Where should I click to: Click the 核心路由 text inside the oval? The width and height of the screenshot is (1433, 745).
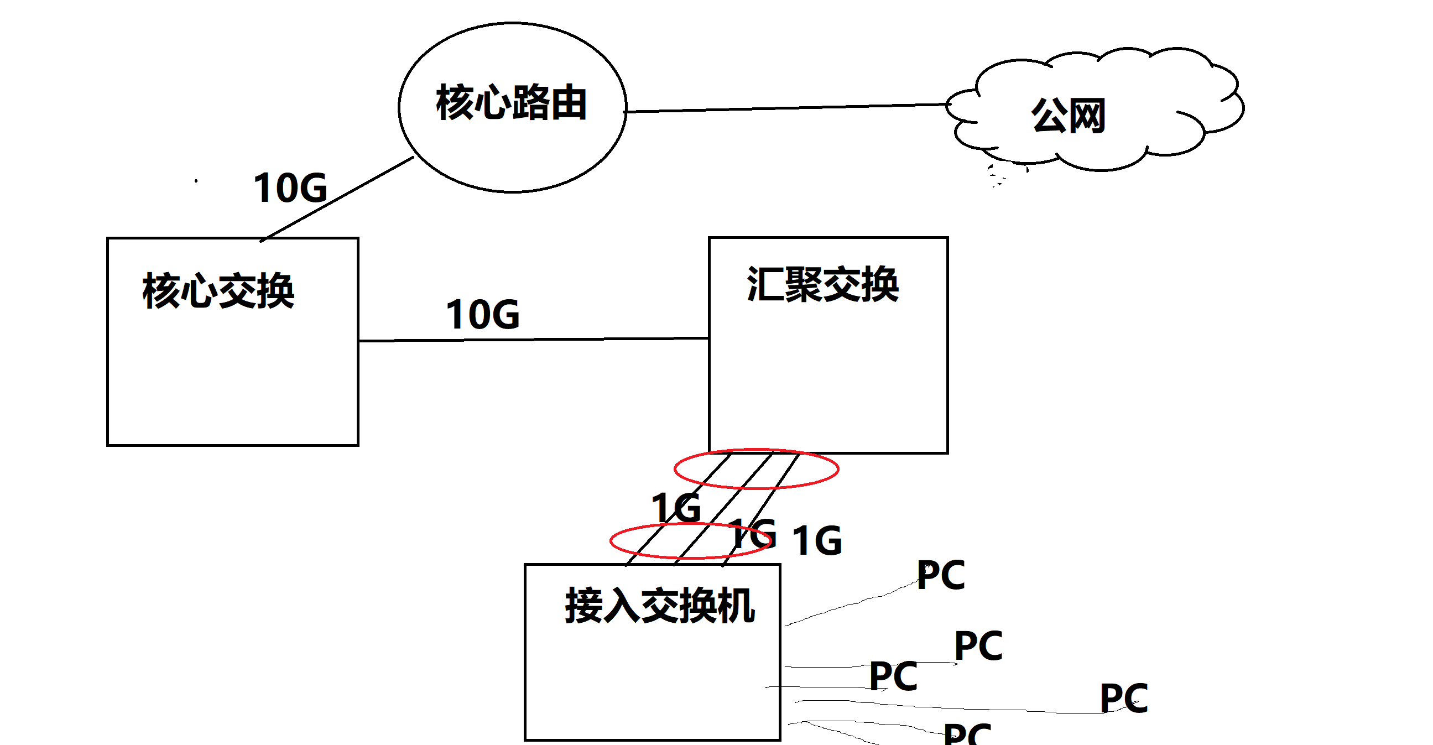click(x=511, y=103)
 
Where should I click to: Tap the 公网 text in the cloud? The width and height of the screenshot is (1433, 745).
click(x=1068, y=116)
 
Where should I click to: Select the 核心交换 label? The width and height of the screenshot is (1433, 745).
click(x=218, y=290)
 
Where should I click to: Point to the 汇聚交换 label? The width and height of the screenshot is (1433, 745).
click(x=822, y=284)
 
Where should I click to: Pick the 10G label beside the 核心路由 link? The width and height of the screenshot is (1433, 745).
click(x=290, y=188)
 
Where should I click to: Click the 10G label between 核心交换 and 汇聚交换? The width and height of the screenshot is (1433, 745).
click(x=483, y=315)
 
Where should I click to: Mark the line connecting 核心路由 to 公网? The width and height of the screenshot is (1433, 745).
click(x=784, y=108)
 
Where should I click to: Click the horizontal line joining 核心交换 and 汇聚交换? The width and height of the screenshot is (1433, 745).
click(x=534, y=340)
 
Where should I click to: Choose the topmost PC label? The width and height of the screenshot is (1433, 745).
click(x=941, y=575)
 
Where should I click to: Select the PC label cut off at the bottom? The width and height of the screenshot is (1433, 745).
click(x=967, y=734)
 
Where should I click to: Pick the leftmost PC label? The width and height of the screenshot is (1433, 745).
click(x=893, y=676)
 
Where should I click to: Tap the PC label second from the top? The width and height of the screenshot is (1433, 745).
click(x=978, y=646)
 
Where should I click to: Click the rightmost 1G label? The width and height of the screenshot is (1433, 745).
click(x=817, y=541)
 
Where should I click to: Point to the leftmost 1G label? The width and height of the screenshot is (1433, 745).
click(x=676, y=508)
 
